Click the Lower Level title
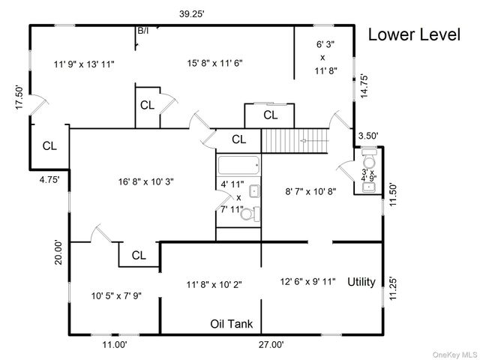(414, 35)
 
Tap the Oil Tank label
(231, 325)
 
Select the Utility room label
(361, 282)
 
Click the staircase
(295, 139)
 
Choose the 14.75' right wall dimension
(364, 85)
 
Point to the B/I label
(142, 31)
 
